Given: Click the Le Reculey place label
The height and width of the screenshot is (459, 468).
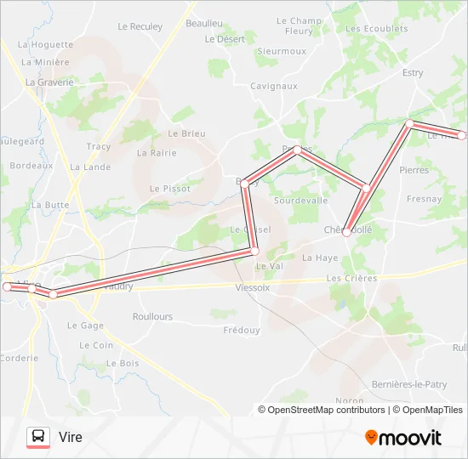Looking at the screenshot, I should point(140,26).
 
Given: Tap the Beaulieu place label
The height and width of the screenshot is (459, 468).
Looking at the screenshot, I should point(204,23).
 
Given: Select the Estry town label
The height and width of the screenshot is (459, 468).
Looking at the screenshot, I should point(413,73).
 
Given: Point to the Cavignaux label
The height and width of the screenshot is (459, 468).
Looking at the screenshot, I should point(273,86).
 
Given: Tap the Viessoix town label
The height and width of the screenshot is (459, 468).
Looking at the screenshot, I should point(252,287).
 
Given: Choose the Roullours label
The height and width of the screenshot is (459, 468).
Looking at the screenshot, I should point(152,316).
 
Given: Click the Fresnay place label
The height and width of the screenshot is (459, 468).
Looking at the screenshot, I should point(424,199).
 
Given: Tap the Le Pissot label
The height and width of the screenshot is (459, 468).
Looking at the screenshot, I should point(170,188).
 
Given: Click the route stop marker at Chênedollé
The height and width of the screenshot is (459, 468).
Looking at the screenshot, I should point(347,232).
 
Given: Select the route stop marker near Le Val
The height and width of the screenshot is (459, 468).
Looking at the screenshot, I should point(254,251).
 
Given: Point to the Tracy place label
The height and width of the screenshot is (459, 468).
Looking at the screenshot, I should point(98,146).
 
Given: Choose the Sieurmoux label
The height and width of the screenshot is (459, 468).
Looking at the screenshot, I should point(282,51).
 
